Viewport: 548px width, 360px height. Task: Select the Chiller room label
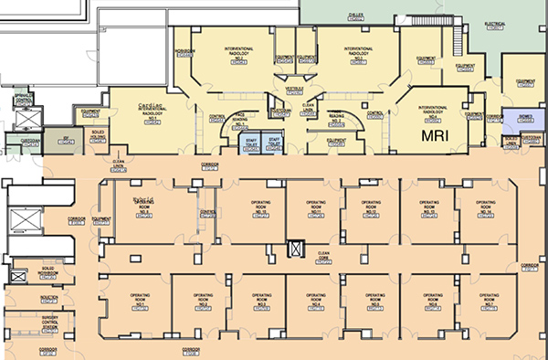(356, 16)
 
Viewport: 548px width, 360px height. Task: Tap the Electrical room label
(522, 24)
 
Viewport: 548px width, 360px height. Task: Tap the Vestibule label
(294, 89)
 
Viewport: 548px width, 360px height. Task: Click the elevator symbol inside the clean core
(294, 247)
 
